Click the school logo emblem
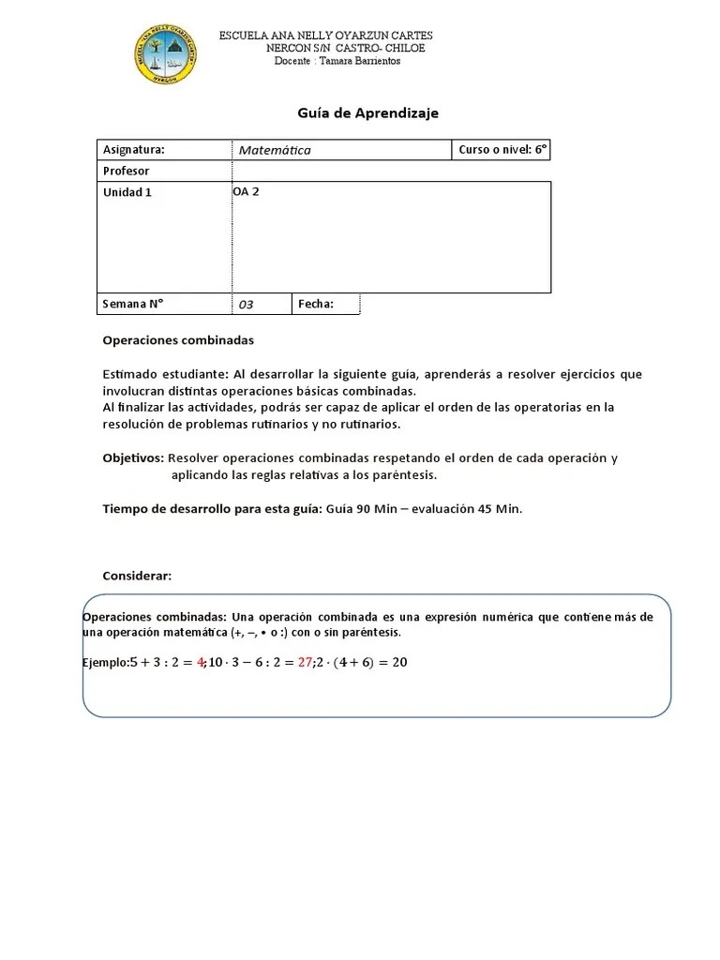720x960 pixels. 166,53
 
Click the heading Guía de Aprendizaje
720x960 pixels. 367,112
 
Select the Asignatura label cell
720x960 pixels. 133,149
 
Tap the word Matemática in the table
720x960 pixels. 274,150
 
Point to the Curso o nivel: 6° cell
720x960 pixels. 502,149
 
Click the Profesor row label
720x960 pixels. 126,171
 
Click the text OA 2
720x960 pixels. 246,191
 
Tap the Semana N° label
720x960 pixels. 132,304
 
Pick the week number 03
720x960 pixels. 246,305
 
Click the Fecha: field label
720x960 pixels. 316,304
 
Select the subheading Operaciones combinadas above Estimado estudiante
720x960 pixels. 178,340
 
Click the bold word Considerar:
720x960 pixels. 137,576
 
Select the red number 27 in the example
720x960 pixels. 304,662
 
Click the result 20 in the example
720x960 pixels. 398,662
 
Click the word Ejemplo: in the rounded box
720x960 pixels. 105,663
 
